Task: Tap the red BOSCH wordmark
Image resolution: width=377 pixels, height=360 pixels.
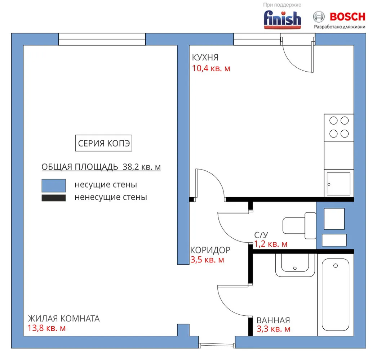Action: pos(347,17)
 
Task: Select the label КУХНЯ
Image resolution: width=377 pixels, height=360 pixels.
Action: pos(205,58)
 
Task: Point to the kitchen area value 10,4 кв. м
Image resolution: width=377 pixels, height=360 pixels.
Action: pos(211,68)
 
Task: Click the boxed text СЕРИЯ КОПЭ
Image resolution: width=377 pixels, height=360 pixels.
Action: pos(104,143)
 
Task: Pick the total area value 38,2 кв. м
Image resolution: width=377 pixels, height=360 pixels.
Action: pos(142,167)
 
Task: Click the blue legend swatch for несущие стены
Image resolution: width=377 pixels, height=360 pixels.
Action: pos(54,185)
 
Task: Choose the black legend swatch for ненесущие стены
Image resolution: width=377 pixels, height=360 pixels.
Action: pos(54,198)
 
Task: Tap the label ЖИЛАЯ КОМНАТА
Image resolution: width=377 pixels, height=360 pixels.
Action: pos(64,319)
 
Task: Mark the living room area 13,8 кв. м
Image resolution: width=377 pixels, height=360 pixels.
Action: pos(46,328)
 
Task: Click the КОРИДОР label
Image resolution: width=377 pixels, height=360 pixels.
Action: pos(210,250)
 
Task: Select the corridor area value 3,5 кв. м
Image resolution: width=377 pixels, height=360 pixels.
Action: pos(207,260)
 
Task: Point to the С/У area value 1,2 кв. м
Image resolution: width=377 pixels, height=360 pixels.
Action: pos(271,244)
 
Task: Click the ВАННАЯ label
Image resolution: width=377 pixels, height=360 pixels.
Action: pos(273,320)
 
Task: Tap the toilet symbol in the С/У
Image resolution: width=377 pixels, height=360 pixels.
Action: pos(300,225)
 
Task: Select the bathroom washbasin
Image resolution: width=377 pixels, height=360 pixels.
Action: pos(295,265)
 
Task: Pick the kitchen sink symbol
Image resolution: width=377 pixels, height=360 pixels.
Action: pos(338,184)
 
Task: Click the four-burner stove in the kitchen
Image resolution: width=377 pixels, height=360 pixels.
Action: pos(339,128)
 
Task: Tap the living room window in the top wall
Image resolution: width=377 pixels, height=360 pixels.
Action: pos(102,39)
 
